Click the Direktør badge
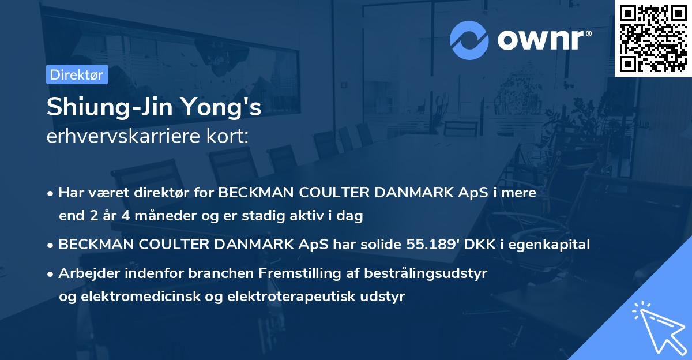pyautogui.click(x=77, y=75)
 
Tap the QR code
pyautogui.click(x=653, y=39)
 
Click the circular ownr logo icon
pyautogui.click(x=469, y=40)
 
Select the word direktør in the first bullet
pyautogui.click(x=164, y=193)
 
